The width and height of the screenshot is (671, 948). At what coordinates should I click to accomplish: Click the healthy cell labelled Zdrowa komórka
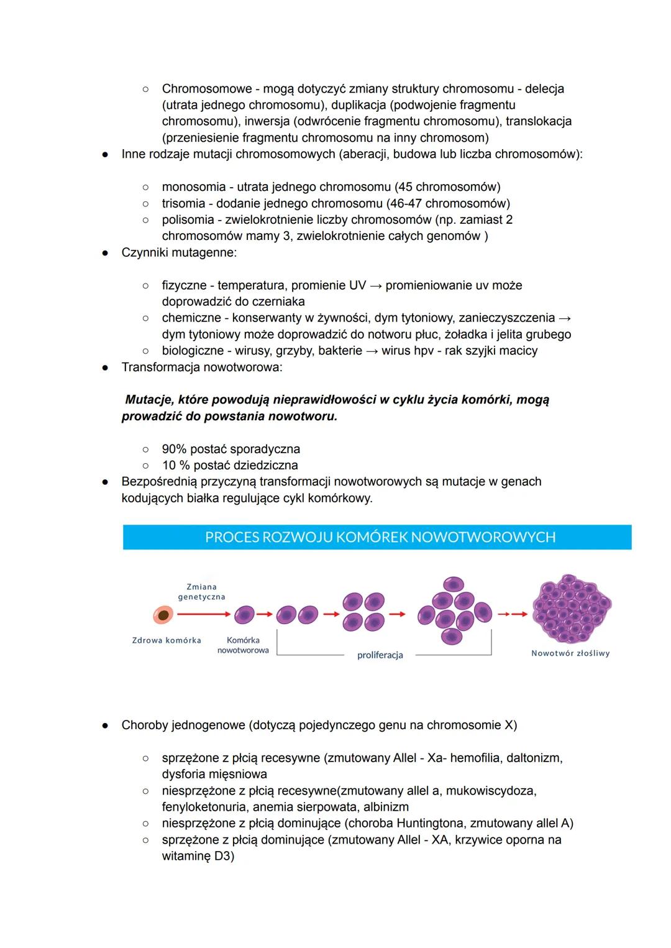163,615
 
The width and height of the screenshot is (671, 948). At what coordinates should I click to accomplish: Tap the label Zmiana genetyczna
201,592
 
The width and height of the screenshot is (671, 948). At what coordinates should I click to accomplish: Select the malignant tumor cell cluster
572,609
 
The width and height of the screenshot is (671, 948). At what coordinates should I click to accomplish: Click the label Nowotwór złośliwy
570,653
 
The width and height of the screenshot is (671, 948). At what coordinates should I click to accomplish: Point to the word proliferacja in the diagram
380,655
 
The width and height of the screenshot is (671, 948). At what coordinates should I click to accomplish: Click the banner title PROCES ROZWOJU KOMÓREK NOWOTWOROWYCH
380,537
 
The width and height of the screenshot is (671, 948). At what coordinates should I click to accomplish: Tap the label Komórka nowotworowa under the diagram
243,645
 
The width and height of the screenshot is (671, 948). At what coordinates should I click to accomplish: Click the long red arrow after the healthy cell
203,614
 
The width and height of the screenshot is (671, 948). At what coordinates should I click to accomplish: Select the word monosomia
194,187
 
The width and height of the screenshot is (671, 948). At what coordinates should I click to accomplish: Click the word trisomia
183,203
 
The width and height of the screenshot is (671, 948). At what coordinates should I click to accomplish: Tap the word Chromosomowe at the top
206,89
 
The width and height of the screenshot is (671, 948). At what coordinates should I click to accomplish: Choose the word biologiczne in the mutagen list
194,351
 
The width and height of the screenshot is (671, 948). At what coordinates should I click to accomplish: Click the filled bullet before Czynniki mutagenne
106,253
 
